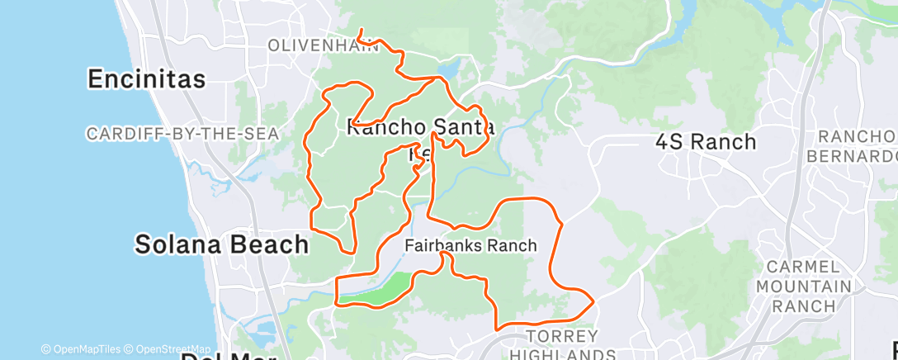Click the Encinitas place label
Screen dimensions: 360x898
pos(147,79)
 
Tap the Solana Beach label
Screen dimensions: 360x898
pos(222,244)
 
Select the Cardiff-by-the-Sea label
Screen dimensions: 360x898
pos(182,133)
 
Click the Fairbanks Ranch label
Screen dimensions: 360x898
pos(470,245)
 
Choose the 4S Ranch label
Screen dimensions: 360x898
pos(706,142)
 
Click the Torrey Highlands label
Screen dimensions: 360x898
pos(561,345)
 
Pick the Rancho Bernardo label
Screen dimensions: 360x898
pos(858,145)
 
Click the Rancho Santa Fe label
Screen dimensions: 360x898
pos(421,129)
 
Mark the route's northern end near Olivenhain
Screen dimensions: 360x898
pos(361,31)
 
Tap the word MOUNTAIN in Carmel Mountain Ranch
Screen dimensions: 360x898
pos(809,287)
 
